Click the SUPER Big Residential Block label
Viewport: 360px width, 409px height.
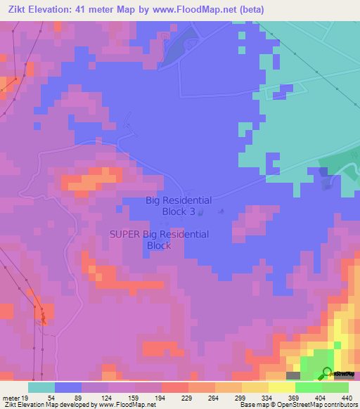tap(160, 240)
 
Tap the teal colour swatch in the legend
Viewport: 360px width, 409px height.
tap(41, 387)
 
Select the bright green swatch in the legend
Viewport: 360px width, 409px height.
tap(308, 387)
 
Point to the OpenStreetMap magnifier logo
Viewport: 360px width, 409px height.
tap(327, 373)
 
